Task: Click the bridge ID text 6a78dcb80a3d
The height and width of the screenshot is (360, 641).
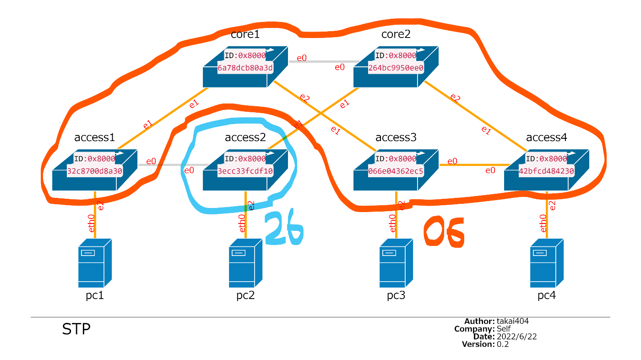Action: coord(245,68)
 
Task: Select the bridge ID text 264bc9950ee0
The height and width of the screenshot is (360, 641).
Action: coord(396,68)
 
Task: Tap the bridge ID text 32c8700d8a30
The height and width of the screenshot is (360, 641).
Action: coord(95,171)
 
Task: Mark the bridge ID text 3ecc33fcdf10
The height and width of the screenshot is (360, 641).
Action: coord(245,171)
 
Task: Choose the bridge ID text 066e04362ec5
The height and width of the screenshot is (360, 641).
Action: coord(396,171)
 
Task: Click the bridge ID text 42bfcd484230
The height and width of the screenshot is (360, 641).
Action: coord(547,171)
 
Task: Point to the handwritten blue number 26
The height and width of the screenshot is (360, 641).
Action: coord(284,229)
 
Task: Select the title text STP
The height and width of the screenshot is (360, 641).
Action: coord(76,329)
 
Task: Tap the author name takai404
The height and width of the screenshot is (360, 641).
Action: coord(513,321)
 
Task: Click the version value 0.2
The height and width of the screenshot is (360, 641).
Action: coord(503,344)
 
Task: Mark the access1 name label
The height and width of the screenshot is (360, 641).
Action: coord(95,137)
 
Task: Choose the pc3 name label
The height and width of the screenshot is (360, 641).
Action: coord(396,295)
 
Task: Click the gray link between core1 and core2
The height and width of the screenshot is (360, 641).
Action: coord(323,61)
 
